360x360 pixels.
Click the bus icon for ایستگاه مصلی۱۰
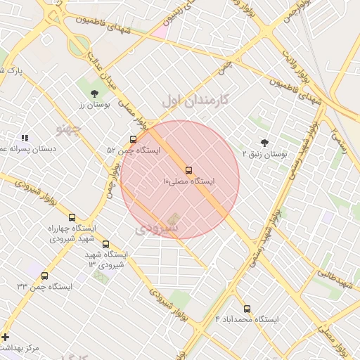[x=188, y=170]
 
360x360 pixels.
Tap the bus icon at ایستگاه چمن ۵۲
[x=133, y=139]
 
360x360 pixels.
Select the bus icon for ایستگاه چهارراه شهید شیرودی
[x=72, y=217]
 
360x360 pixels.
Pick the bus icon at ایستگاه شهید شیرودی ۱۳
[x=105, y=244]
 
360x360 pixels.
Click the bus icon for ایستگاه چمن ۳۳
[x=45, y=276]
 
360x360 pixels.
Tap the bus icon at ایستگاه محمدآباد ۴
[x=247, y=309]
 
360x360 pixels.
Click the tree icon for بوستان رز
[x=94, y=93]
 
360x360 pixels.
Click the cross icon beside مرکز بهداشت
[x=6, y=337]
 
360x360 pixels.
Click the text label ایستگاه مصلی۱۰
[x=188, y=181]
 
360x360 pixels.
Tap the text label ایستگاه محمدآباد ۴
[x=247, y=319]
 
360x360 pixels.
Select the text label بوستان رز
[x=91, y=104]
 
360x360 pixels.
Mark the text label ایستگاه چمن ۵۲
[x=134, y=150]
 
